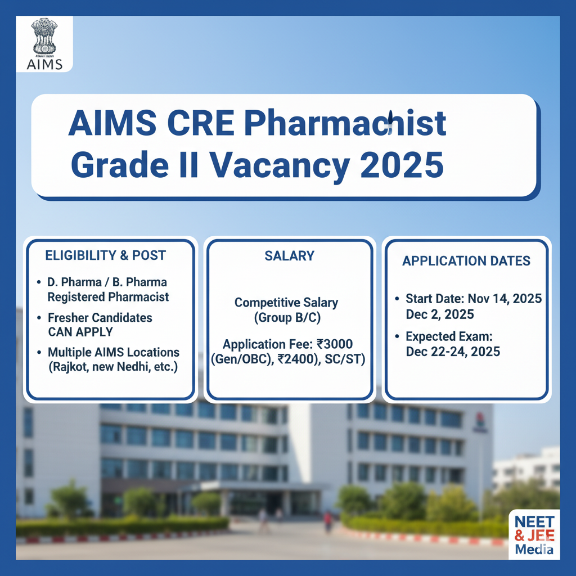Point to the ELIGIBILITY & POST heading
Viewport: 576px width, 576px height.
[x=105, y=255]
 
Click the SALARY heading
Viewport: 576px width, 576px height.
[x=289, y=256]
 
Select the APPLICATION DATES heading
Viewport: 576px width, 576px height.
[x=466, y=260]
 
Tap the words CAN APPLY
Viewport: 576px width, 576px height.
[x=80, y=332]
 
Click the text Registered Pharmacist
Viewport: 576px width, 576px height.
[x=108, y=296]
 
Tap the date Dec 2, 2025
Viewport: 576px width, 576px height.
[x=440, y=314]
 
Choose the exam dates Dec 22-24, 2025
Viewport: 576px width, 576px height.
[x=453, y=352]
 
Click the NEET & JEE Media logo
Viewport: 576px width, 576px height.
[x=534, y=534]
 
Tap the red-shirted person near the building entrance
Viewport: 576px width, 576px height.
[x=327, y=520]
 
